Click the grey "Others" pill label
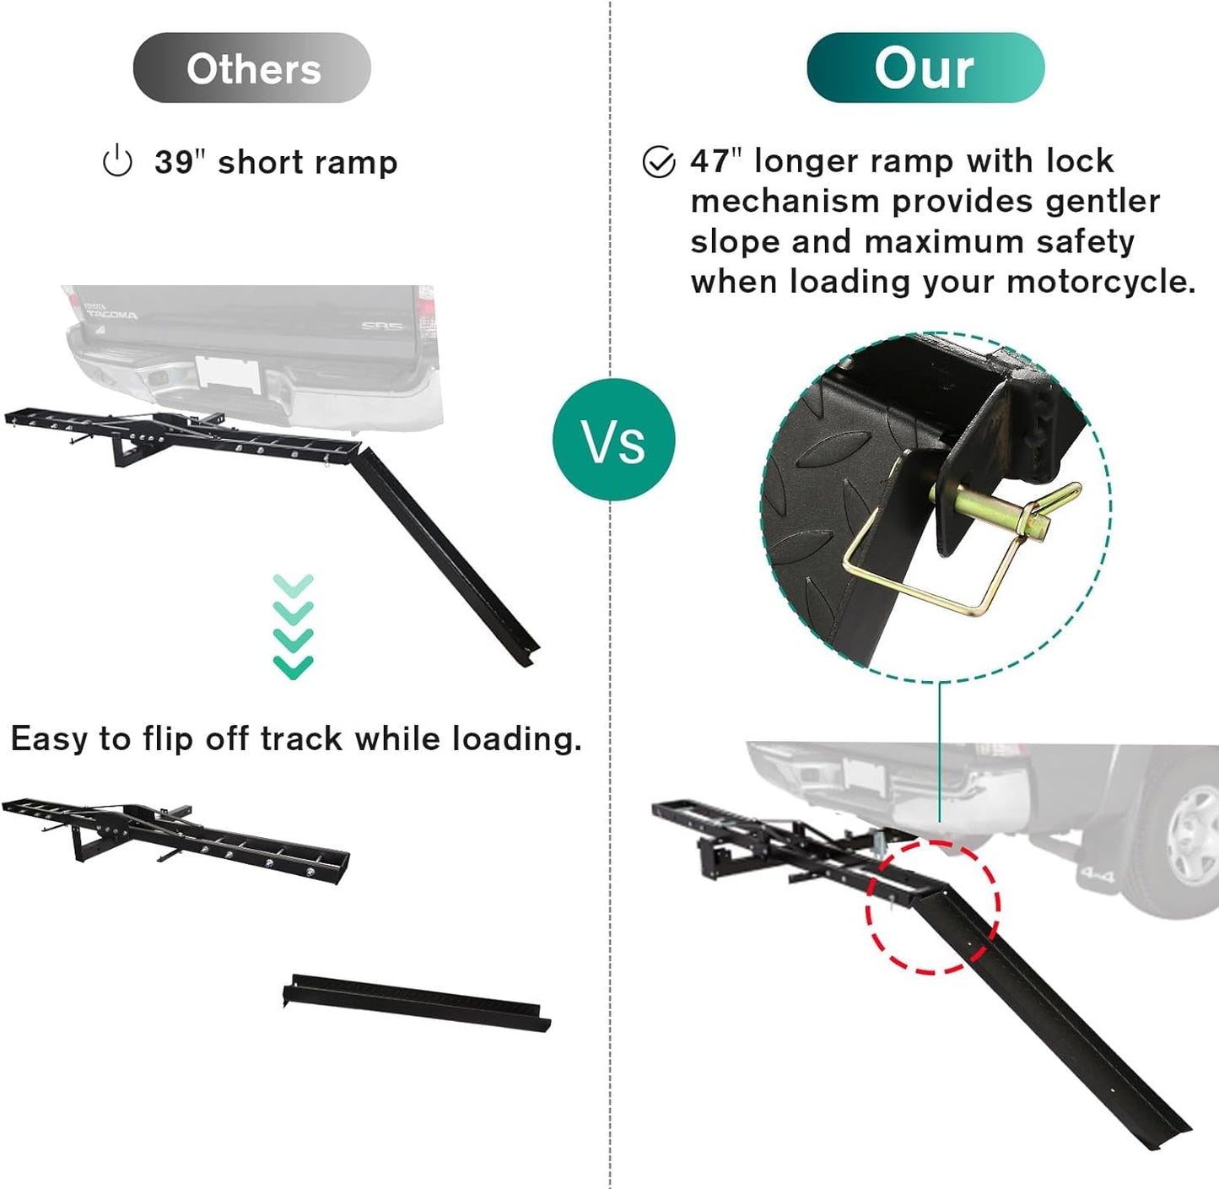(252, 68)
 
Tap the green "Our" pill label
(925, 68)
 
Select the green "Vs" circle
(614, 440)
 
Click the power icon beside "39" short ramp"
(117, 161)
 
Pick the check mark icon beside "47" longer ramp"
(659, 162)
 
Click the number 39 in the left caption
(174, 162)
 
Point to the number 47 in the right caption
(709, 161)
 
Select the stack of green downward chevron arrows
(294, 626)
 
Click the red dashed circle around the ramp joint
(933, 907)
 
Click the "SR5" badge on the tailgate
(383, 326)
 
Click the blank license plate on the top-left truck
(228, 375)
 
